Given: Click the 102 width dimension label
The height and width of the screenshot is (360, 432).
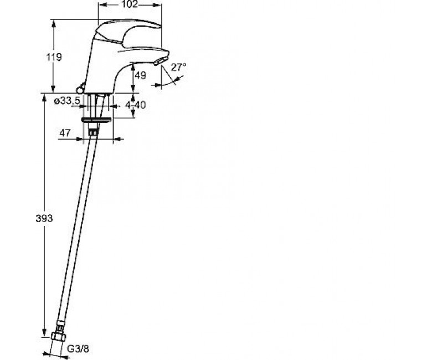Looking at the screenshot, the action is pos(130,4).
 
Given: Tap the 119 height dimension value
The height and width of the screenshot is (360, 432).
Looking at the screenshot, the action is pos(54,57).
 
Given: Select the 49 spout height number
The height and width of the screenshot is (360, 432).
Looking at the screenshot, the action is pos(141,75).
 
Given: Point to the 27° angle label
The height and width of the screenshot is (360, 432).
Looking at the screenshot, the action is pos(178,67).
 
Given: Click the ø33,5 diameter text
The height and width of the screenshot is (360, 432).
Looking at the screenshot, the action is pos(66,101).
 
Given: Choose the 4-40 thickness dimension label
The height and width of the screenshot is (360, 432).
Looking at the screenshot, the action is pos(136,105).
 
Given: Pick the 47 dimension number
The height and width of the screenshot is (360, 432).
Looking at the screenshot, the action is pos(65,133).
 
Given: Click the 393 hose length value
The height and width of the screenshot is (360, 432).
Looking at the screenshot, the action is pos(44,218).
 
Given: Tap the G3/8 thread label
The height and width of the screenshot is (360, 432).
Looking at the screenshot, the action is pos(78,349).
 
